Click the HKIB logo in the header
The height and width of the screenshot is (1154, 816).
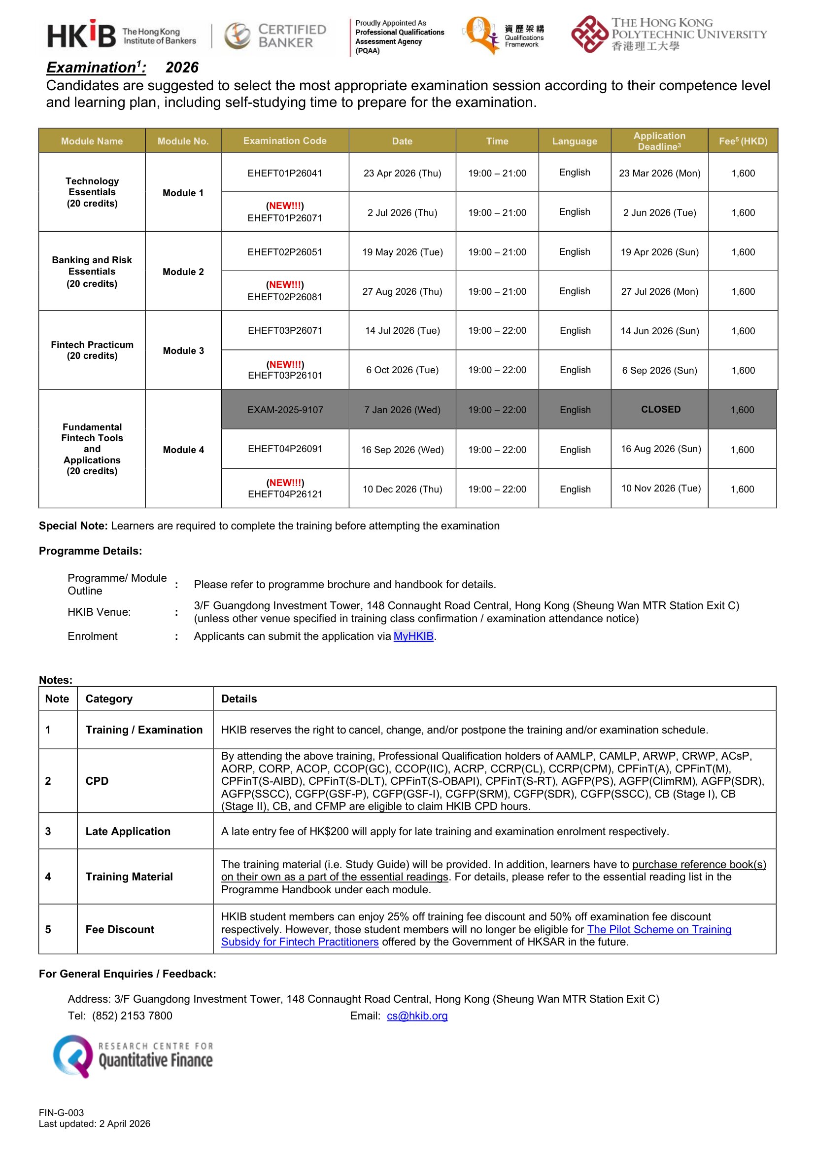click(121, 35)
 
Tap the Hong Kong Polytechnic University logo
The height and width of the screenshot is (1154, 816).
click(668, 34)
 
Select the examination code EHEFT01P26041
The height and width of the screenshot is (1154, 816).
click(284, 174)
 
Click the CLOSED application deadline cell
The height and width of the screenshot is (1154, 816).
click(660, 410)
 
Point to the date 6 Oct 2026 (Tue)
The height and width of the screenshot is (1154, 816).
click(402, 370)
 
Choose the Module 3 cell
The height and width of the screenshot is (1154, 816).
click(183, 351)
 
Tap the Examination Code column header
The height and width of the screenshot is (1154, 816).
click(284, 140)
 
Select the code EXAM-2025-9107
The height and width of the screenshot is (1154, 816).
click(284, 410)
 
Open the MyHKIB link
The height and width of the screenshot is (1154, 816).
click(413, 636)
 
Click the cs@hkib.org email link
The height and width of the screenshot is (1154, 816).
click(417, 1016)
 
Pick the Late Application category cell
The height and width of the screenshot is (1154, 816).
click(128, 831)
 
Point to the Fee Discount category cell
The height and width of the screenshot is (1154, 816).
click(120, 929)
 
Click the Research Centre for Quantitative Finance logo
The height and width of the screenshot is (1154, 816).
click(133, 1055)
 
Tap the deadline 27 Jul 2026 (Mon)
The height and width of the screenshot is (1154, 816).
click(659, 292)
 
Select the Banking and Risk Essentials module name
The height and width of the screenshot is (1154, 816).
click(92, 272)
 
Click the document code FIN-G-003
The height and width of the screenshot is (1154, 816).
click(61, 1113)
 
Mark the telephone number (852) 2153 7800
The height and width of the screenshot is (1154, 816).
click(132, 1016)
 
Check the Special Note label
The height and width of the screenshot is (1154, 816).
click(73, 526)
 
